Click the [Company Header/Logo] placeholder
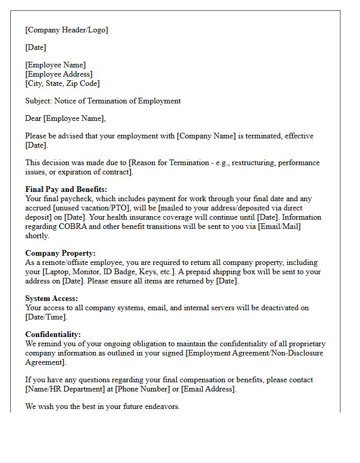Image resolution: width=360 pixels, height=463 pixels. (66, 30)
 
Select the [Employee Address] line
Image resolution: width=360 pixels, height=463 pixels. (59, 74)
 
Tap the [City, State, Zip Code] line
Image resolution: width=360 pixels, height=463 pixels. (62, 83)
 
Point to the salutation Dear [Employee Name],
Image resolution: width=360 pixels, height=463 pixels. (65, 118)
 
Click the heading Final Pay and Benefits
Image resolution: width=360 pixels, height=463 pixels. (66, 189)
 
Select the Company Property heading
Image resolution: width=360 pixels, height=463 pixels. (60, 253)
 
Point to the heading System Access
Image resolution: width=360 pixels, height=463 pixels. (51, 298)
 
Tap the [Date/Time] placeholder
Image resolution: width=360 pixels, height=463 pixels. (46, 317)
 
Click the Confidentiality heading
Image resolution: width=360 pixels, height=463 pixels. (52, 334)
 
